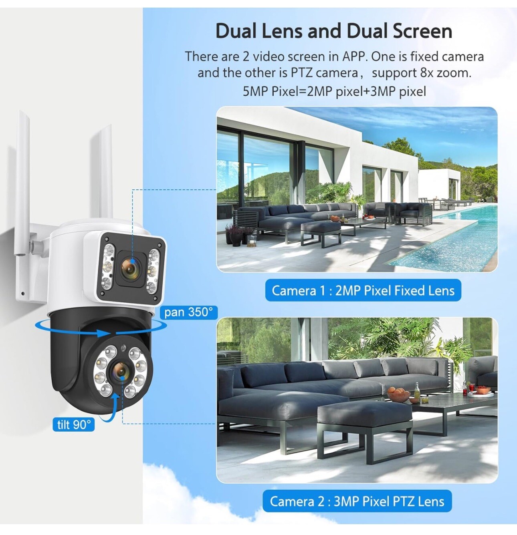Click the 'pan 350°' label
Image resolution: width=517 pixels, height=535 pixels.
[x=188, y=312]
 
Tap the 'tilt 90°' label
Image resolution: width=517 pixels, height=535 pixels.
[x=74, y=424]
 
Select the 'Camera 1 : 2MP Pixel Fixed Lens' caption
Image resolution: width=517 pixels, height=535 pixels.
[x=363, y=290]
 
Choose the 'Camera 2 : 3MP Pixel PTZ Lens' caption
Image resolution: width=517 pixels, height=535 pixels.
[x=357, y=501]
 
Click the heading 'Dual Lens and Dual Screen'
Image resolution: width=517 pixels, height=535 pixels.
[x=334, y=31]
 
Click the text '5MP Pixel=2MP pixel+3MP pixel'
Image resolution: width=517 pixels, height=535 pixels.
[x=334, y=91]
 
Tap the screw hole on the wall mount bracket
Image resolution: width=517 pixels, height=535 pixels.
[x=23, y=294]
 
